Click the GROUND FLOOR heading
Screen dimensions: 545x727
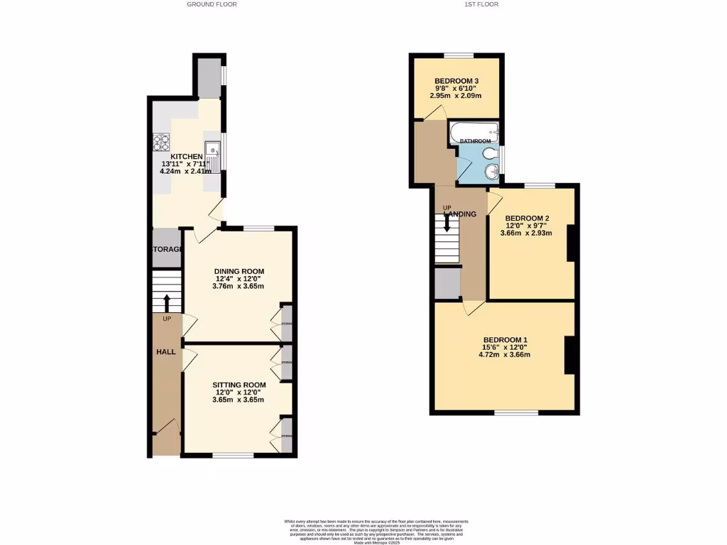pos(212,4)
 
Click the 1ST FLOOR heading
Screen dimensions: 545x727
pos(481,4)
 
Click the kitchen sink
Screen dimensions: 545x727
pos(214,151)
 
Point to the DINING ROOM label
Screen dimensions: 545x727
pos(239,271)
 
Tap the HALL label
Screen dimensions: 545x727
pos(166,352)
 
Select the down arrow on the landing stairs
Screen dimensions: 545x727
pos(447,224)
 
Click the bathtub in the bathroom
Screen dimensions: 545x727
pos(474,131)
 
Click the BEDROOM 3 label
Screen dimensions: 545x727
pos(457,81)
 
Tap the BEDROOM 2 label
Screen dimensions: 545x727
pos(527,218)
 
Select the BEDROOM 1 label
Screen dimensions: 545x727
pos(505,339)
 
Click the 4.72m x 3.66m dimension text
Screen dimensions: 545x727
pos(505,355)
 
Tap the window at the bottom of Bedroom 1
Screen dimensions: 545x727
pos(516,413)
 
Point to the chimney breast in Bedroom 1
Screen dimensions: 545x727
pos(569,354)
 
